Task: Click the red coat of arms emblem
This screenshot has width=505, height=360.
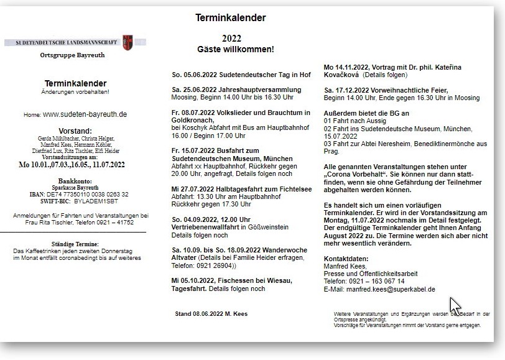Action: (127, 42)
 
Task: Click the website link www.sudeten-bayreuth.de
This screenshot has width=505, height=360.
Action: (85, 114)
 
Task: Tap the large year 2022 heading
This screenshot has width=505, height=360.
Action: (231, 38)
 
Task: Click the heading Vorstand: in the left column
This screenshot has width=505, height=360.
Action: (75, 131)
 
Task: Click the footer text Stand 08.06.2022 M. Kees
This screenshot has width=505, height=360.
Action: (211, 314)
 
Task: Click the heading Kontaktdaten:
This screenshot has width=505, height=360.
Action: (346, 258)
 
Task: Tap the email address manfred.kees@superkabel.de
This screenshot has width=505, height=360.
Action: (392, 289)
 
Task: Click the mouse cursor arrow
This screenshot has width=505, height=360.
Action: (455, 305)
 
